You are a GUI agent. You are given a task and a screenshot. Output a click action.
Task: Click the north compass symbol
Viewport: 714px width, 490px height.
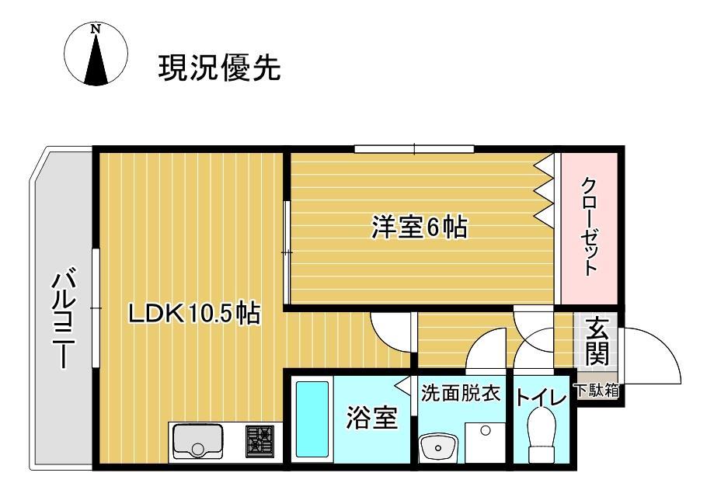[96, 54]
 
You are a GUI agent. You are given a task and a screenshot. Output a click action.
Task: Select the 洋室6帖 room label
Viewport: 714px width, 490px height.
[419, 228]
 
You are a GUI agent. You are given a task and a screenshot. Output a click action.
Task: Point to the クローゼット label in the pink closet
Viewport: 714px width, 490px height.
[589, 227]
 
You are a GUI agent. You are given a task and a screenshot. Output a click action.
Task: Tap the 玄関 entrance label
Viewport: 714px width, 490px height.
[597, 342]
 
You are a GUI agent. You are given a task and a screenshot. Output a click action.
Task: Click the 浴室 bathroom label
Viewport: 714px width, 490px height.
[371, 419]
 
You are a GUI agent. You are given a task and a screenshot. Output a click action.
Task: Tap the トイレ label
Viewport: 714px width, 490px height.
[542, 398]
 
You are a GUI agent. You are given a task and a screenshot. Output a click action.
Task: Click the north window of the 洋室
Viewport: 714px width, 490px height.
[414, 148]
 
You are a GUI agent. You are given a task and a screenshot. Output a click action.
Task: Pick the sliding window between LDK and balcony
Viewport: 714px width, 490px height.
[95, 308]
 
